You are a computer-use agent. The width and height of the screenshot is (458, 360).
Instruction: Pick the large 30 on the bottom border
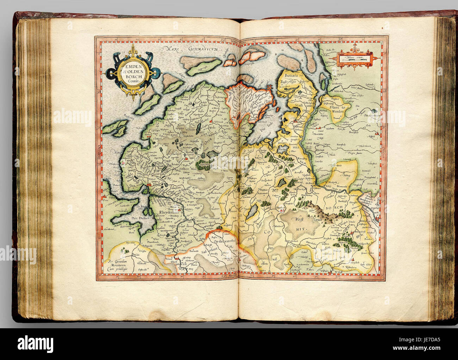click(338, 277)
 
